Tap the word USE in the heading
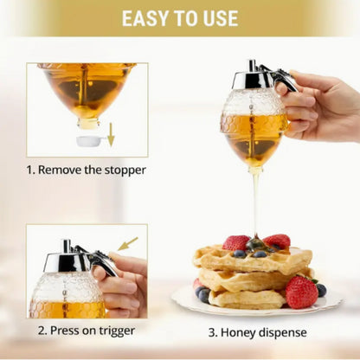point(216,18)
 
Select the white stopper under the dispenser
point(90,139)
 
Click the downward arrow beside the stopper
point(110,134)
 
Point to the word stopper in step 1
point(121,170)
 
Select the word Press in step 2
point(61,331)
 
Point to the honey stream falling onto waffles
point(255,203)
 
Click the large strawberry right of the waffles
point(301,292)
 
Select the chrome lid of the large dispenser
point(256,80)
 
